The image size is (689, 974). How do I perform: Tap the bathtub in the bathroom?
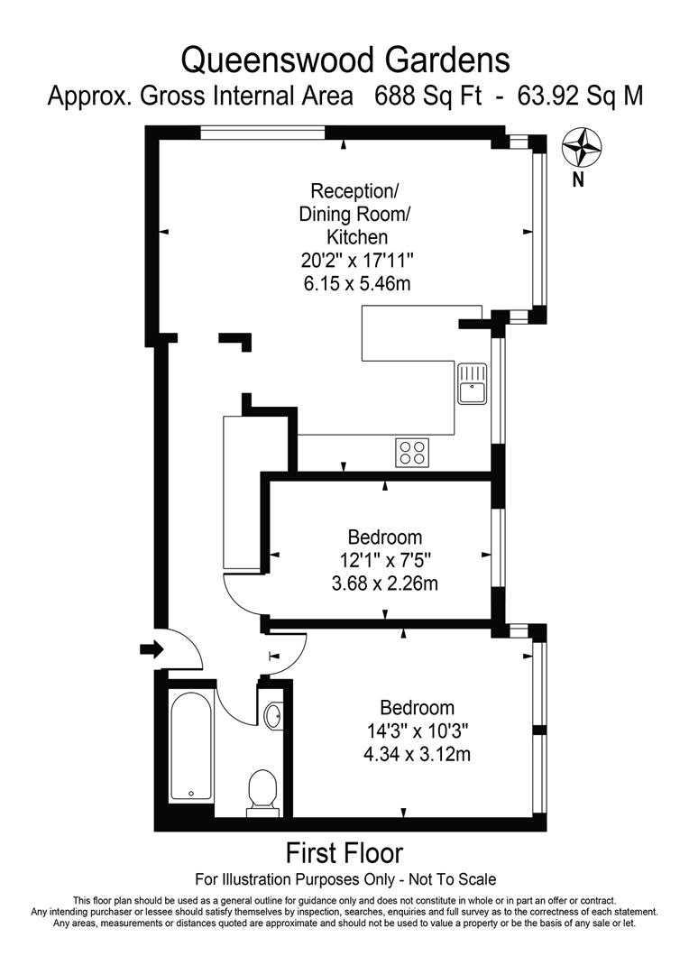tap(191, 745)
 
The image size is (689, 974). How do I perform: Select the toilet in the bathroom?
tap(262, 791)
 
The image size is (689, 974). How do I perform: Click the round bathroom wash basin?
tap(274, 717)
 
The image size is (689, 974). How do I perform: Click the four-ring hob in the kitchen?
tap(412, 452)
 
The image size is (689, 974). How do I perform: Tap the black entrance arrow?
tap(151, 648)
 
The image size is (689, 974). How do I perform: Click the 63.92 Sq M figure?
tap(580, 96)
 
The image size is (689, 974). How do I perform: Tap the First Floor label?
tap(344, 852)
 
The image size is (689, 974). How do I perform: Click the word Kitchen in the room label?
tap(356, 238)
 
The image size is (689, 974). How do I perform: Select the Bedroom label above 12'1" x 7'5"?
tap(384, 538)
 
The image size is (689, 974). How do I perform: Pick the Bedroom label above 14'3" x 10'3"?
tap(417, 708)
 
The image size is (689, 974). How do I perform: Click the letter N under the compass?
tap(579, 179)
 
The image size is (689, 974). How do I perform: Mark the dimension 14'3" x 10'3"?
tap(417, 730)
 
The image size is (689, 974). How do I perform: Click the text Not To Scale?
tap(453, 879)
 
